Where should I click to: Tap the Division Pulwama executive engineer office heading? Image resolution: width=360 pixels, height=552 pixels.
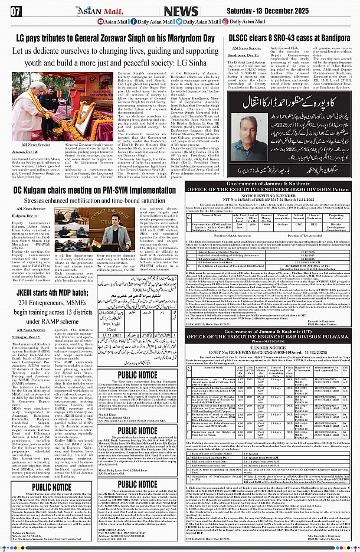[272, 350]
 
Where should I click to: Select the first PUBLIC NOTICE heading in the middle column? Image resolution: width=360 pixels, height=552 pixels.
[137, 374]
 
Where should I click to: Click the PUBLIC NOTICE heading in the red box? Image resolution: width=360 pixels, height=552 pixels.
[52, 487]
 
